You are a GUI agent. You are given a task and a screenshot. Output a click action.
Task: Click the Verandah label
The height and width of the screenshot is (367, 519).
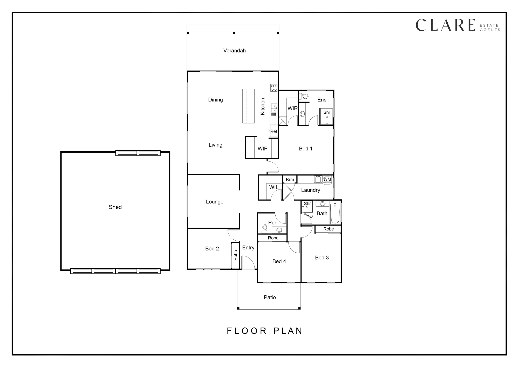coord(234,51)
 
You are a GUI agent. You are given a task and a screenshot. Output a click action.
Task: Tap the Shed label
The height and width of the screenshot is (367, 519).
coord(115,207)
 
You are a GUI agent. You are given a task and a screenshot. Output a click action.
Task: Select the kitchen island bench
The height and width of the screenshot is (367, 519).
coord(248,106)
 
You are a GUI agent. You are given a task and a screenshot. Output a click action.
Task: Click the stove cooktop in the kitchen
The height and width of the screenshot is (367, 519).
coord(274,88)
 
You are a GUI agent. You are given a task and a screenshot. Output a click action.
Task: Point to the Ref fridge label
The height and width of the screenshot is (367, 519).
coord(274,131)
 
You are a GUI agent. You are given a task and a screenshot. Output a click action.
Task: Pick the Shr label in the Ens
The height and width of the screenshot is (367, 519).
coord(327,112)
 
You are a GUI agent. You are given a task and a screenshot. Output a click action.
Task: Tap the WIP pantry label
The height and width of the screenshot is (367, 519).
coord(262,148)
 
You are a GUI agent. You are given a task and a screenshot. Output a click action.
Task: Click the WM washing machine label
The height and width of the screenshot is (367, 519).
coord(327,179)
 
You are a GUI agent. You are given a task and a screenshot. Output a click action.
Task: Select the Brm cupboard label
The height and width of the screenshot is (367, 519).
coord(290,180)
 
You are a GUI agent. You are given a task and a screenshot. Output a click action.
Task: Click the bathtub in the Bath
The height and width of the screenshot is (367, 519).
coord(335,213)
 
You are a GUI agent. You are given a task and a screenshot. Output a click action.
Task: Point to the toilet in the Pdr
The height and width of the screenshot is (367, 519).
coord(265,229)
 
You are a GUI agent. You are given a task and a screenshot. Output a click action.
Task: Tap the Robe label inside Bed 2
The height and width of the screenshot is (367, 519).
coord(235,255)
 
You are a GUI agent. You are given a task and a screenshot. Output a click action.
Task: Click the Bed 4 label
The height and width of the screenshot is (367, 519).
coord(279,261)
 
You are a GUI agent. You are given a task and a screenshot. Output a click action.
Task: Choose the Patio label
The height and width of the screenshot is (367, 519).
coord(270,297)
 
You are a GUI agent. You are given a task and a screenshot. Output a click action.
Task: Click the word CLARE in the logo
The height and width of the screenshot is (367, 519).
coord(446,25)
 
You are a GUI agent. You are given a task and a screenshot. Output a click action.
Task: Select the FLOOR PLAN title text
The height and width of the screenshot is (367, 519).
coord(265,331)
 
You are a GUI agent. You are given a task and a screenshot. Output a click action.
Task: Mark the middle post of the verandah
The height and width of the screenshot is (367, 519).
coord(234,33)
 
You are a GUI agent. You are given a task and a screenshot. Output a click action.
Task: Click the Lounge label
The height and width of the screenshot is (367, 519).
coord(215,202)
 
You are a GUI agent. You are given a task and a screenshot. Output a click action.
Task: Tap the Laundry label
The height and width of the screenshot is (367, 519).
coord(311,190)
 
